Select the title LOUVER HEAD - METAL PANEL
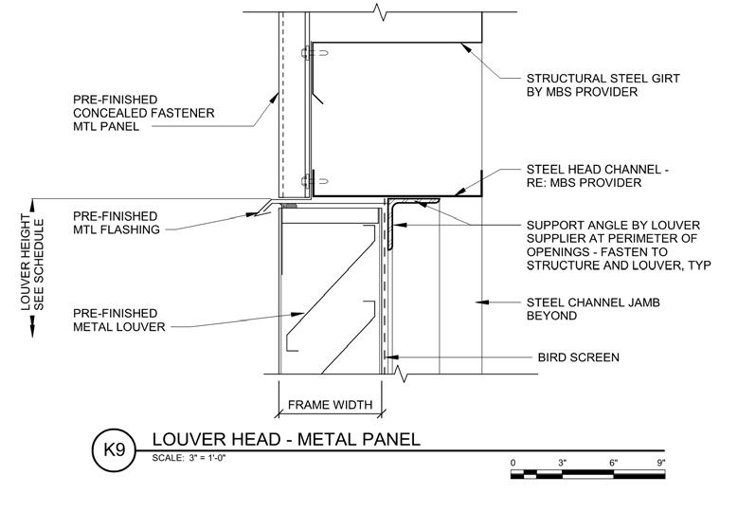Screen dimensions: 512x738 pos(285,440)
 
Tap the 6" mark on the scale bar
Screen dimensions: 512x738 pos(613,463)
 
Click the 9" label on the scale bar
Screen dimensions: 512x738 pos(660,463)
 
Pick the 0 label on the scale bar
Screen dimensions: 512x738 pos(513,463)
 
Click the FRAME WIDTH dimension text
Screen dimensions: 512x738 pos(330,405)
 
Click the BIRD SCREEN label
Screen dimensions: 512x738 pos(573,357)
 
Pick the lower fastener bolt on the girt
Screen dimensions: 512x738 pos(305,181)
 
